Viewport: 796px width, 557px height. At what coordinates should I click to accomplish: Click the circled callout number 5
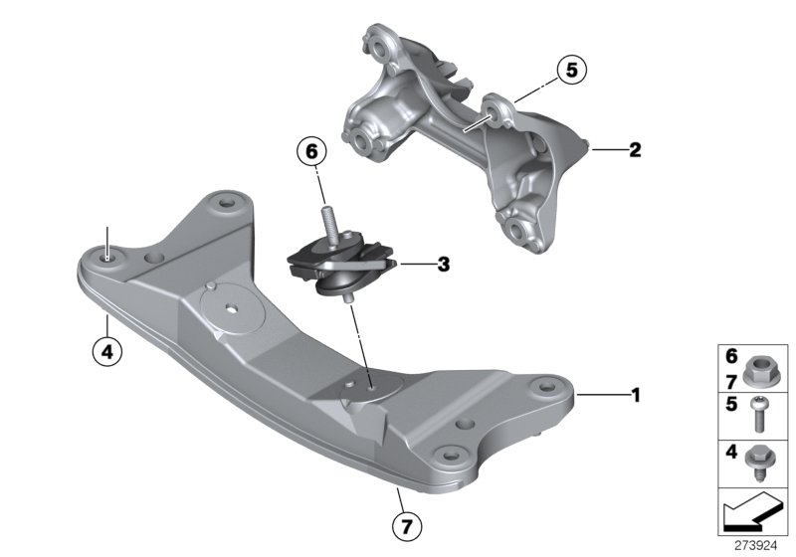point(571,70)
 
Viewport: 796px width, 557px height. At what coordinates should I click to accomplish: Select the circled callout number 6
point(310,153)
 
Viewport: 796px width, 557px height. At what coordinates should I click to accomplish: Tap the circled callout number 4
point(103,349)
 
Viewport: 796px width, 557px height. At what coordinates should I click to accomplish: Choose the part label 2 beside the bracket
point(634,151)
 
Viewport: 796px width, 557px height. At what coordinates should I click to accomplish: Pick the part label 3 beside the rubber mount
point(444,265)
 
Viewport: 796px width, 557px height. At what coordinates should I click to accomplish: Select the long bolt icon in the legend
point(764,412)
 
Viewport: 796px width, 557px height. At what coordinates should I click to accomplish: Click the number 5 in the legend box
point(731,404)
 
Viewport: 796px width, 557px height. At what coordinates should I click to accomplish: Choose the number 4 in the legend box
point(731,454)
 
